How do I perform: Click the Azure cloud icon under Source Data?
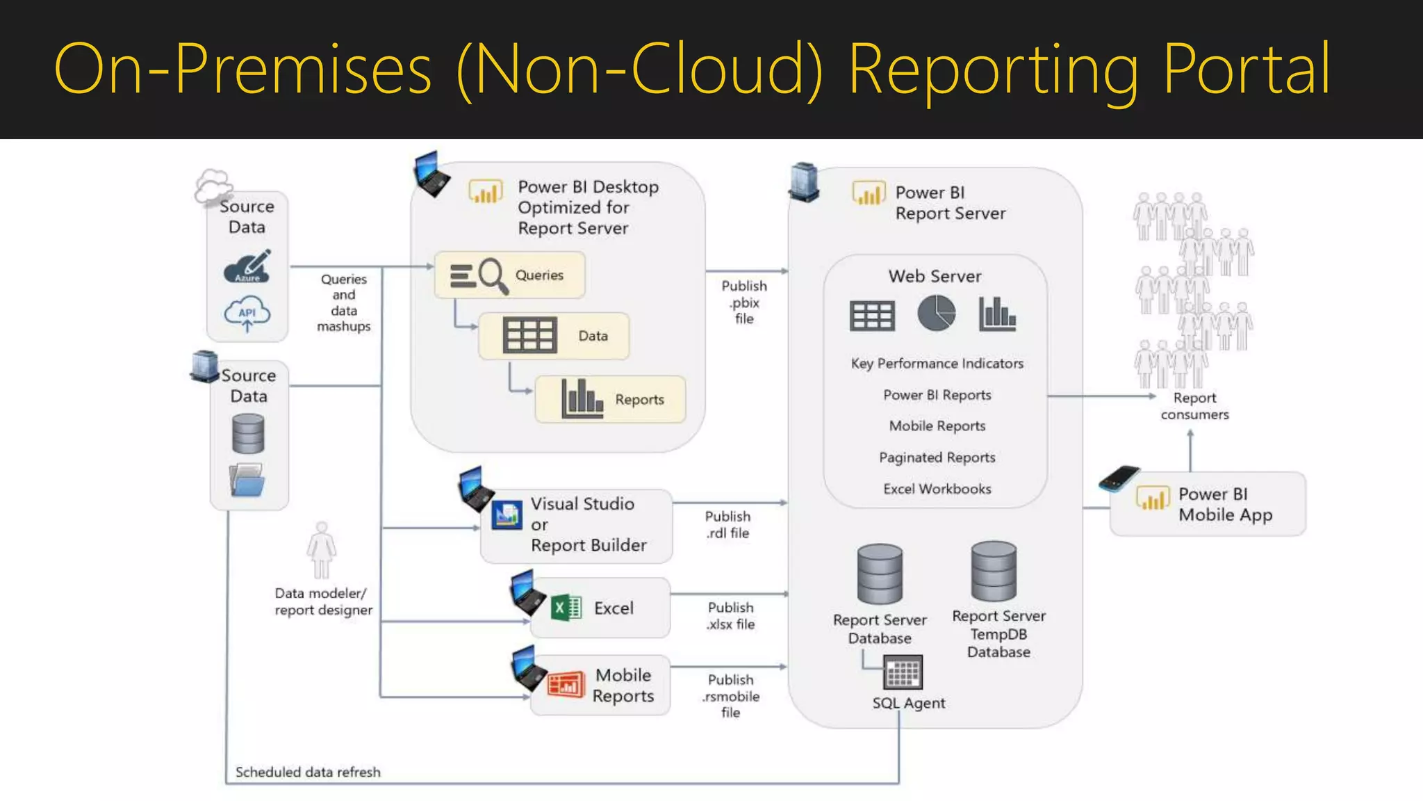click(247, 267)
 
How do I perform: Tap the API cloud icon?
click(247, 314)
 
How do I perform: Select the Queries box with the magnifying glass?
click(509, 275)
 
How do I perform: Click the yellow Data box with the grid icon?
click(554, 336)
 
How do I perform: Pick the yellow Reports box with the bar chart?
click(610, 399)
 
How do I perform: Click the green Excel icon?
click(566, 608)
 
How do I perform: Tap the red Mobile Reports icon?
click(566, 685)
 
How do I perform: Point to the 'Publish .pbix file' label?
click(744, 302)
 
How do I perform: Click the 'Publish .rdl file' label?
click(727, 525)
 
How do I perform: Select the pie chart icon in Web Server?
click(936, 314)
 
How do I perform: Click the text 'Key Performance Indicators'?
click(937, 364)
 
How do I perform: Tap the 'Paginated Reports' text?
click(937, 458)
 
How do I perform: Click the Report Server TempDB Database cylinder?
click(994, 571)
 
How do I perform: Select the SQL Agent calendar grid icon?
click(903, 673)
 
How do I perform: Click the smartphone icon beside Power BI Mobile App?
click(1119, 478)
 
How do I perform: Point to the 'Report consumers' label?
click(1194, 406)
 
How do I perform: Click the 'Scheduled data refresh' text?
click(308, 772)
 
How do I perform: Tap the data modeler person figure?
click(321, 550)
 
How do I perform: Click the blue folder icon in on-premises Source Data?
click(247, 480)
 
